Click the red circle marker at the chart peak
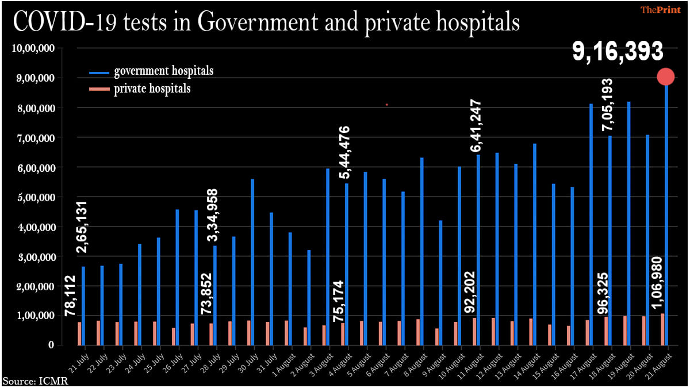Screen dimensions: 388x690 (666, 76)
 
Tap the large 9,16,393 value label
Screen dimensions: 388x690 (618, 52)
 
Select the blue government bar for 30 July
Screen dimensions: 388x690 (252, 262)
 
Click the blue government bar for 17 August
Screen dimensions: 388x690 (591, 224)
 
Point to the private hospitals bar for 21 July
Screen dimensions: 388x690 (79, 334)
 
